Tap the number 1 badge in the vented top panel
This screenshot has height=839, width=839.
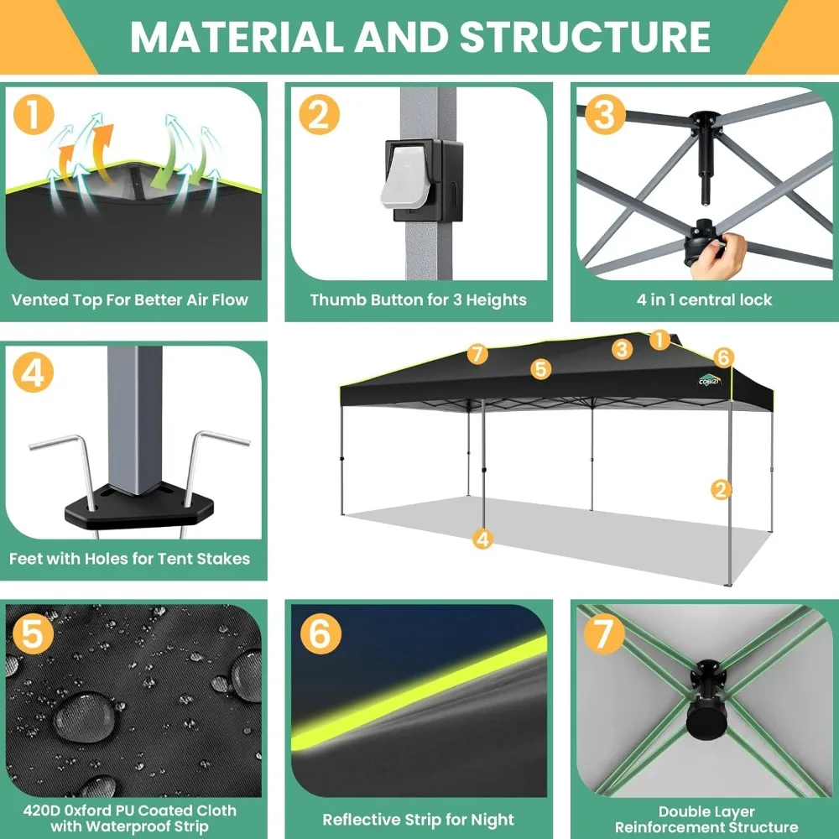34,114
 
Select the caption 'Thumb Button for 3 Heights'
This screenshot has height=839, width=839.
419,300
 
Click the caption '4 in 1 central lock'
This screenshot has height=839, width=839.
704,300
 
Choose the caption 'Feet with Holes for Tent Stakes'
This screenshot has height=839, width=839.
129,559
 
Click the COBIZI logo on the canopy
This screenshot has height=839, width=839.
710,379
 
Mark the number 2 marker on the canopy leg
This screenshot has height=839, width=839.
721,490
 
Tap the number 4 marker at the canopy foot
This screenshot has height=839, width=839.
482,539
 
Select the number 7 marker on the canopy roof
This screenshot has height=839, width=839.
477,354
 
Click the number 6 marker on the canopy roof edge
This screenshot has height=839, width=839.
723,357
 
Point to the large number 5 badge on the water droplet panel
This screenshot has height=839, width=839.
33,633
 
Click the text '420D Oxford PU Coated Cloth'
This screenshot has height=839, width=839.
129,810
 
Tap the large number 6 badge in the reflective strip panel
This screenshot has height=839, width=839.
320,633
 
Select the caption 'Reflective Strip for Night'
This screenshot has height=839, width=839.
419,820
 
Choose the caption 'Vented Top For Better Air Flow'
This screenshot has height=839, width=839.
129,300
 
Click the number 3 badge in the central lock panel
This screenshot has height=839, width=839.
605,114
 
